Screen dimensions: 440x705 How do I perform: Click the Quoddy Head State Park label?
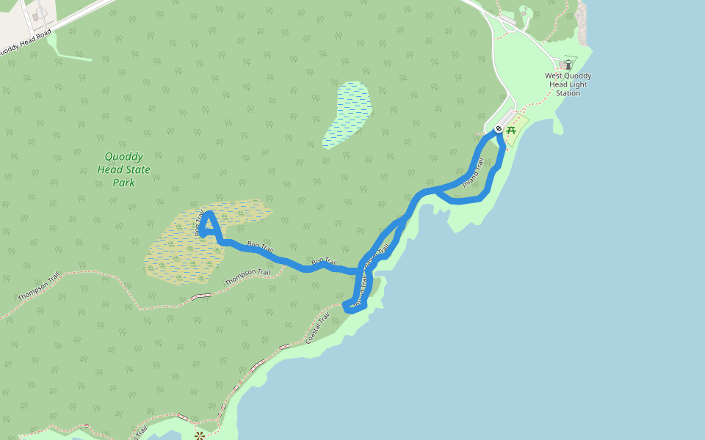pyautogui.click(x=123, y=169)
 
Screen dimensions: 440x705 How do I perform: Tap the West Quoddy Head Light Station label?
pyautogui.click(x=568, y=84)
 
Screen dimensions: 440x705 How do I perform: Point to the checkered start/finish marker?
pyautogui.click(x=499, y=130)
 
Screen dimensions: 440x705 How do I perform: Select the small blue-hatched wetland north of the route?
pyautogui.click(x=347, y=113)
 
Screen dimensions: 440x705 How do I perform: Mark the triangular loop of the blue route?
pyautogui.click(x=209, y=226)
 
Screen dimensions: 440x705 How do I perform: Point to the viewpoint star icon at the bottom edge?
pyautogui.click(x=198, y=436)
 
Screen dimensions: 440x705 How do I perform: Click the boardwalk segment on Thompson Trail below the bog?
pyautogui.click(x=200, y=296)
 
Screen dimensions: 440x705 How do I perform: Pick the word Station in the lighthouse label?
pyautogui.click(x=568, y=93)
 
